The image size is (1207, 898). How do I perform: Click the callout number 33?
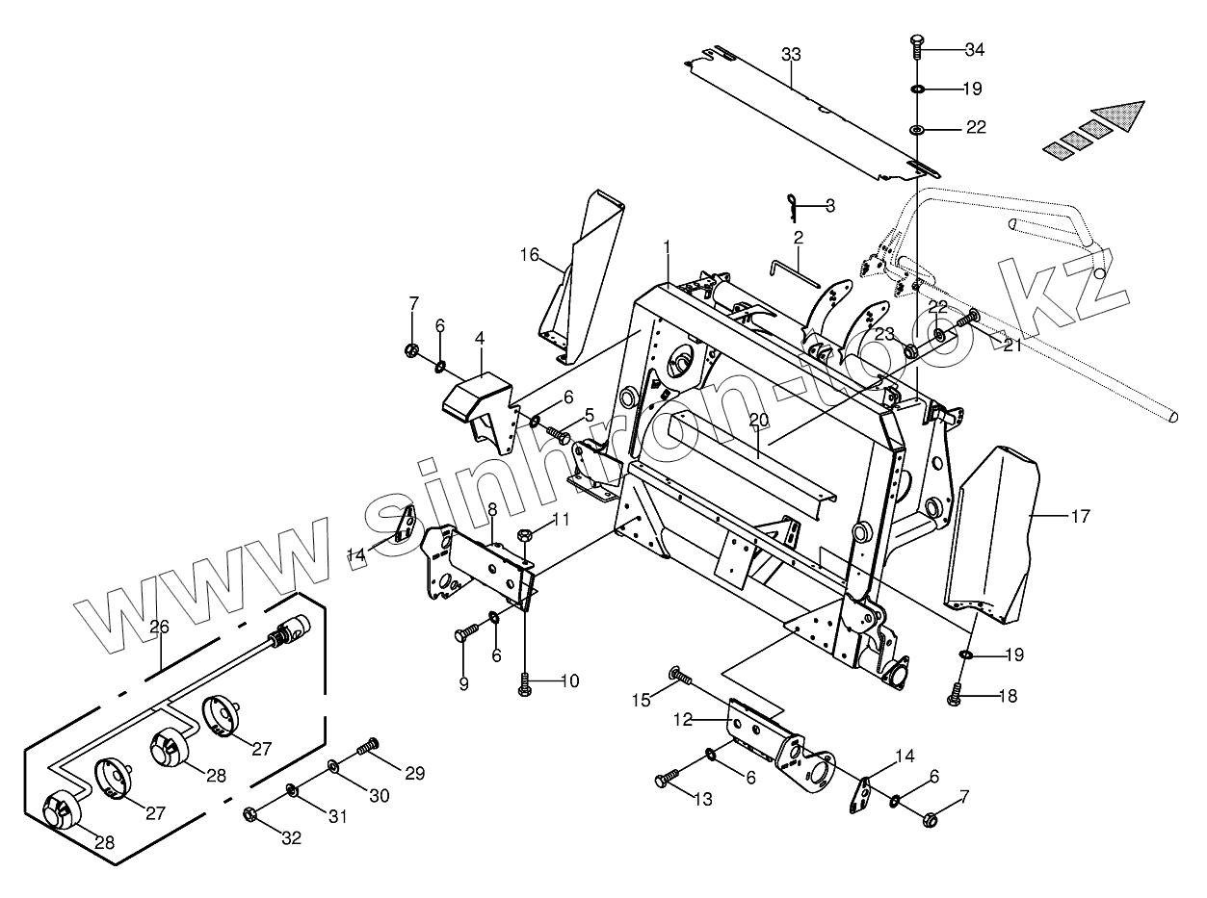point(791,55)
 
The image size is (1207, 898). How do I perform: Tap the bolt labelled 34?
point(916,45)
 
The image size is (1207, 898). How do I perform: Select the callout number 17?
point(1080,517)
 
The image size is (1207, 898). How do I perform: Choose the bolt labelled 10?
point(525,684)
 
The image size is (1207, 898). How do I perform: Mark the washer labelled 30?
point(333,767)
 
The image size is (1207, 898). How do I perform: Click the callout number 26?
point(160,627)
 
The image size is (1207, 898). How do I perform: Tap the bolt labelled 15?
point(680,678)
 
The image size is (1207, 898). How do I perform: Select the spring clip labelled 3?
point(793,203)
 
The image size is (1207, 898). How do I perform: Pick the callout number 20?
point(758,420)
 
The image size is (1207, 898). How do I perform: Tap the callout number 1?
point(666,246)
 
